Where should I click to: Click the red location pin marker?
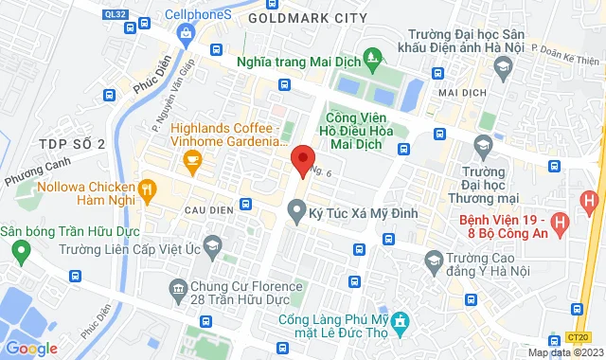click(302, 160)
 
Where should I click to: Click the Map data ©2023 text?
click(564, 352)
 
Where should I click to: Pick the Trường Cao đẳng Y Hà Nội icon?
click(435, 259)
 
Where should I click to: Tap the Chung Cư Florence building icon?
click(176, 287)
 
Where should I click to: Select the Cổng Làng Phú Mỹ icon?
click(401, 322)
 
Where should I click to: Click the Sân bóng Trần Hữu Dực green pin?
click(20, 250)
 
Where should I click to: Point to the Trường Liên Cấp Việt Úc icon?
click(215, 249)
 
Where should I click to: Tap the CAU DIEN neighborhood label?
click(209, 204)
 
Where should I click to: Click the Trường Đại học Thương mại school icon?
click(483, 144)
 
